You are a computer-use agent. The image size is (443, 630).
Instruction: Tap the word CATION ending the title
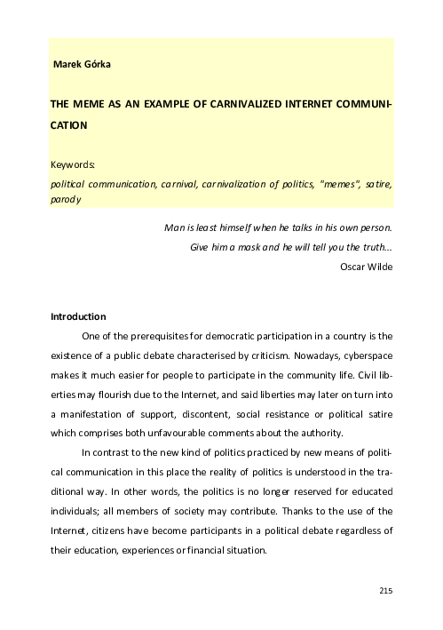tap(68, 125)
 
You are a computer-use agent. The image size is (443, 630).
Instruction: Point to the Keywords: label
tap(73, 164)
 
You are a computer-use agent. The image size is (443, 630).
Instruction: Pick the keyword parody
tap(66, 200)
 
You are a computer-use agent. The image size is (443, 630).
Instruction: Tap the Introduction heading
tap(78, 317)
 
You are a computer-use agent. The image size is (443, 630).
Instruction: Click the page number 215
tap(385, 591)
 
